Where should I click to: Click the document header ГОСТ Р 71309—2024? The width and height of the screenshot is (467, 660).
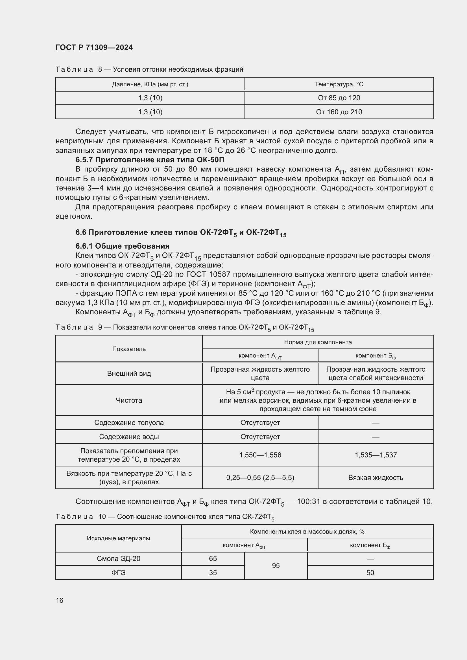(x=94, y=47)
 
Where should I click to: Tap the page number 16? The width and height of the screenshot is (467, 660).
(x=60, y=600)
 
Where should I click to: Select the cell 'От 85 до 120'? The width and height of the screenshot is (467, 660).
(x=339, y=98)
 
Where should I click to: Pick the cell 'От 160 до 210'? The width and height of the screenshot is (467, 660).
(x=339, y=112)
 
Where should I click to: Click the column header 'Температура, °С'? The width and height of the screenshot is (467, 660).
(x=339, y=84)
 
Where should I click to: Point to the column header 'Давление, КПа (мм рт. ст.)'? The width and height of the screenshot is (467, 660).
(x=150, y=84)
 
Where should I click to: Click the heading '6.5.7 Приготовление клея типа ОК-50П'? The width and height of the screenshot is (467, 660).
(x=150, y=160)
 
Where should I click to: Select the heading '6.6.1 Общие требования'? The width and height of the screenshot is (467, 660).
(x=123, y=246)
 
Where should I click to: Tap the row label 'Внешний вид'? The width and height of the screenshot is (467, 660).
(x=129, y=373)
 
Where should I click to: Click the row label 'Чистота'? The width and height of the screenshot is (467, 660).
(x=129, y=400)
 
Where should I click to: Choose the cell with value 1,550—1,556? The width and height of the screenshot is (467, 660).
(x=260, y=455)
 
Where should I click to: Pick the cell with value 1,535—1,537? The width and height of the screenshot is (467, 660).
(x=376, y=455)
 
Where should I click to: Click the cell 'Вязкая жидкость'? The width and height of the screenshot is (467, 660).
(x=376, y=478)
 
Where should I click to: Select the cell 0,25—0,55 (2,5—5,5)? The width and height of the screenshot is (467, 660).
(x=260, y=478)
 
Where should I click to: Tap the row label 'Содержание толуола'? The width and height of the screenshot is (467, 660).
(x=129, y=423)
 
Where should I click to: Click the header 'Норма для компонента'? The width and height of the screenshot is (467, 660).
(x=318, y=342)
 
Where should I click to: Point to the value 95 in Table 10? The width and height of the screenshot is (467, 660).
(x=276, y=566)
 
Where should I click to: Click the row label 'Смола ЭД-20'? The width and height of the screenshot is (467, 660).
(x=119, y=558)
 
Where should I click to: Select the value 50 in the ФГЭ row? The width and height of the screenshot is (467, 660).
(x=370, y=573)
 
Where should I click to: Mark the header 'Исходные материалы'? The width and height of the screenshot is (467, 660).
(x=119, y=538)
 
